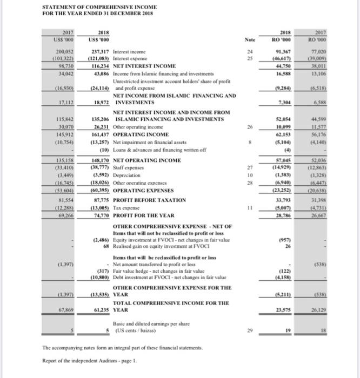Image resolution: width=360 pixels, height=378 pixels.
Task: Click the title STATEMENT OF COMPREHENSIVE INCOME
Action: point(99,6)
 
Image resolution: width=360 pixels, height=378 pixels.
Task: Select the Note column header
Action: point(250,39)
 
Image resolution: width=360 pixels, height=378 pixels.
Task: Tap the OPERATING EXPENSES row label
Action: point(140,190)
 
